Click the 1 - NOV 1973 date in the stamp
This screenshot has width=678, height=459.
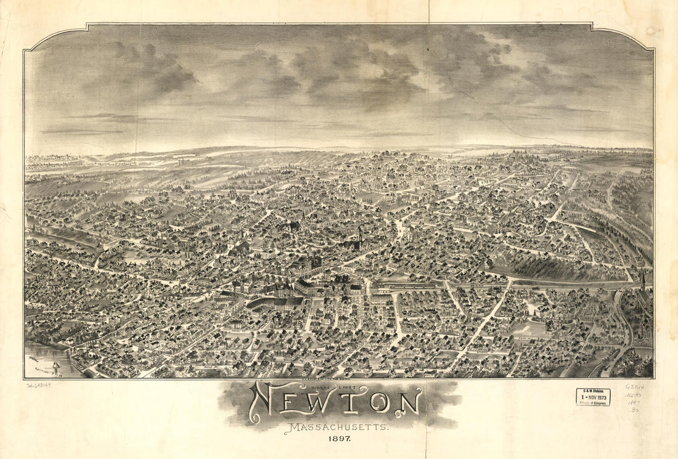[593, 397]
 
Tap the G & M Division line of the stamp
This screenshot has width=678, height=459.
[593, 391]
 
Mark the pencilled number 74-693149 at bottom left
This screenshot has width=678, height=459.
[39, 386]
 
